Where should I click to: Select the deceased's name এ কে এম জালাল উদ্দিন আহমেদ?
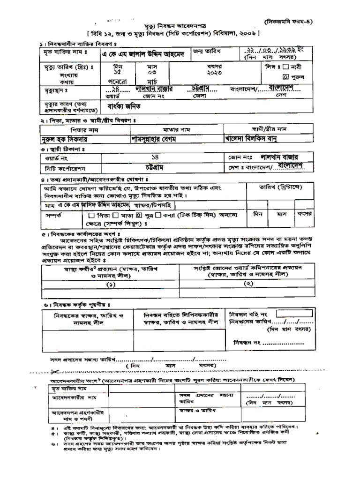click(144, 54)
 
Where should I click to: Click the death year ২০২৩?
click(214, 74)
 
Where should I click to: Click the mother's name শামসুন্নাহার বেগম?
click(158, 139)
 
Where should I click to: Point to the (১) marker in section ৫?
click(111, 285)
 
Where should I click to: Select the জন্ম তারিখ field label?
click(207, 50)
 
